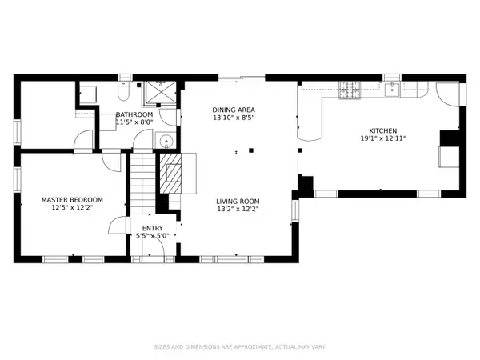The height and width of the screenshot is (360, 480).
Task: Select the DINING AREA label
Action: (233, 110)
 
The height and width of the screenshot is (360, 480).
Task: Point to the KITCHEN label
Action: (382, 130)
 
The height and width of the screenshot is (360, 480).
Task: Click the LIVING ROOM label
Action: (238, 201)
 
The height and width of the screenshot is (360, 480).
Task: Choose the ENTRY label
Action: (153, 228)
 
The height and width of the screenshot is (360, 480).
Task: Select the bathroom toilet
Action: (121, 84)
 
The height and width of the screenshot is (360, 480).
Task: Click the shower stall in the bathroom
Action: (159, 93)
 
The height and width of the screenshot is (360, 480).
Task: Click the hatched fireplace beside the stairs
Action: (171, 174)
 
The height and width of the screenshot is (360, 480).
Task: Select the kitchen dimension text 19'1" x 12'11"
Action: (382, 138)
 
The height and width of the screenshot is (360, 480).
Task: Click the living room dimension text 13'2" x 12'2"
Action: (238, 209)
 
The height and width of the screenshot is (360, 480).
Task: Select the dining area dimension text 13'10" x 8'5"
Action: (233, 118)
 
